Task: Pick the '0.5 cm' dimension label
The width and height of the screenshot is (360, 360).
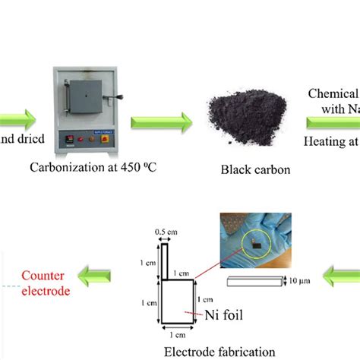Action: click(x=163, y=232)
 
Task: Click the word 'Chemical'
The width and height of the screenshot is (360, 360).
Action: click(x=333, y=93)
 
